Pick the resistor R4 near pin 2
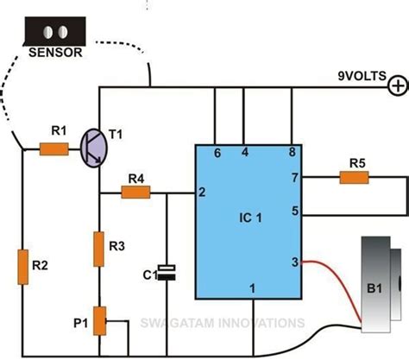(x=135, y=193)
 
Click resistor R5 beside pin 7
(x=355, y=177)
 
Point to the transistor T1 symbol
(x=94, y=148)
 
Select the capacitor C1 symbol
(x=171, y=273)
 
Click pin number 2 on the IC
(x=201, y=192)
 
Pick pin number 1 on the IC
(x=252, y=287)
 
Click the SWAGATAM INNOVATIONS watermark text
(x=223, y=323)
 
